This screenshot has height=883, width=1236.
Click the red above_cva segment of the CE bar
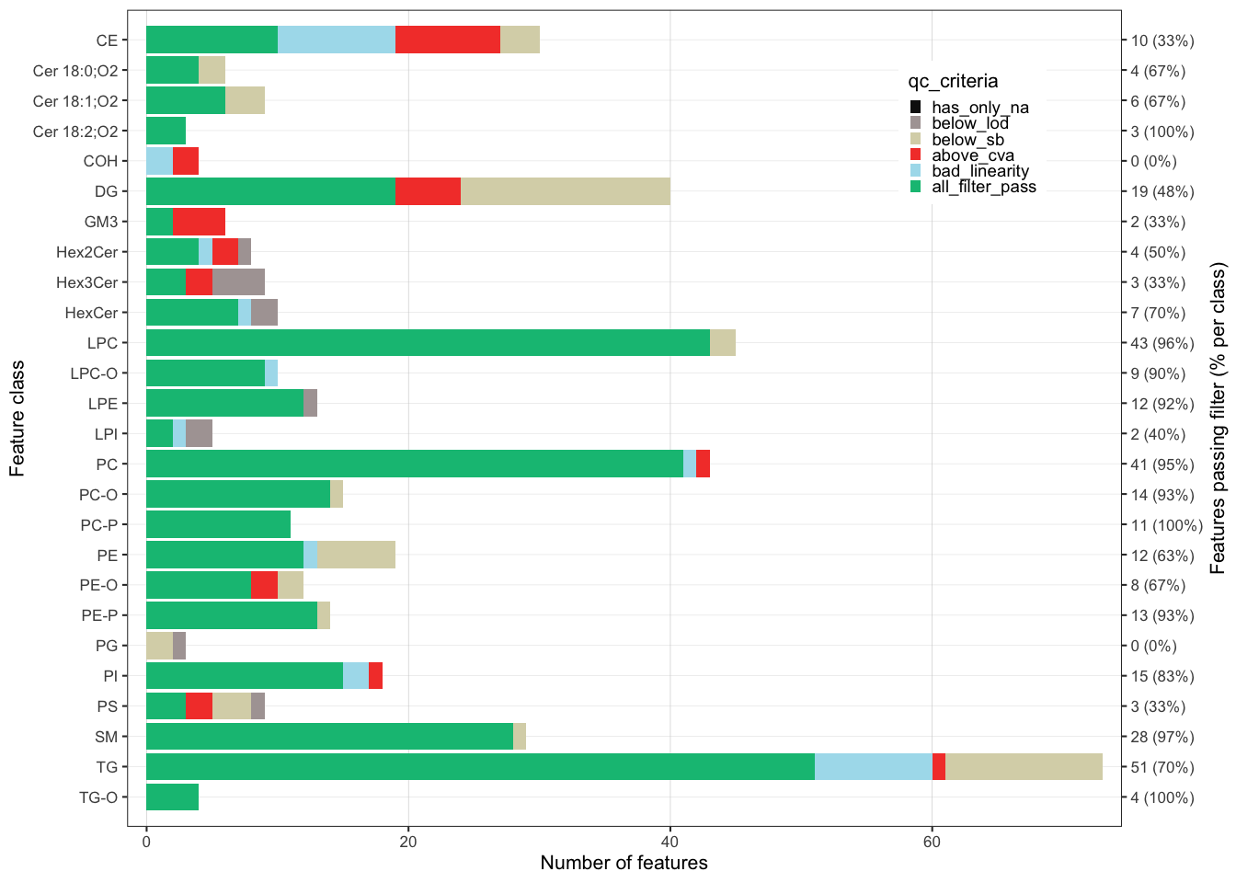coord(448,40)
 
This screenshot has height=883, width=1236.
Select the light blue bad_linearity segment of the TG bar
coord(873,767)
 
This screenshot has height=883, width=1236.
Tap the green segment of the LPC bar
coord(428,343)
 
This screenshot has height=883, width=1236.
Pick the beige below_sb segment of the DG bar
coord(566,191)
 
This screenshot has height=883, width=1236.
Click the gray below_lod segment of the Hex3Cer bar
coord(238,282)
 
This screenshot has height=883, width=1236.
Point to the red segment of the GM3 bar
coord(199,222)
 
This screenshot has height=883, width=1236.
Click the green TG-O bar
coord(172,797)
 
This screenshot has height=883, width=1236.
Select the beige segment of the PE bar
coord(357,556)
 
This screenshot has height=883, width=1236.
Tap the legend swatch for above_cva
coord(916,155)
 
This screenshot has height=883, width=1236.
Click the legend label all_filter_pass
coord(983,187)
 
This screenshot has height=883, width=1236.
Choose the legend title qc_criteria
coord(953,81)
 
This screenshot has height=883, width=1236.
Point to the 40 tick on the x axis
coord(670,841)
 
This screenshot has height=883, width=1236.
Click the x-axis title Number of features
coord(624,863)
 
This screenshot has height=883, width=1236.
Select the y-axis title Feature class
coord(17,419)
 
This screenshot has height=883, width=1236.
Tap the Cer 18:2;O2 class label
coord(75,132)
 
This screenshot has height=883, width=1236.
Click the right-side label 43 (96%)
coord(1162,343)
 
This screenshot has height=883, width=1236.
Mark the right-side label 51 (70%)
coord(1162,767)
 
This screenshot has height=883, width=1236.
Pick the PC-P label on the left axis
coord(99,525)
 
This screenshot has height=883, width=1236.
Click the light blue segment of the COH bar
coord(159,161)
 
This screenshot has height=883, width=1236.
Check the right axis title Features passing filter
coord(1219,419)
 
